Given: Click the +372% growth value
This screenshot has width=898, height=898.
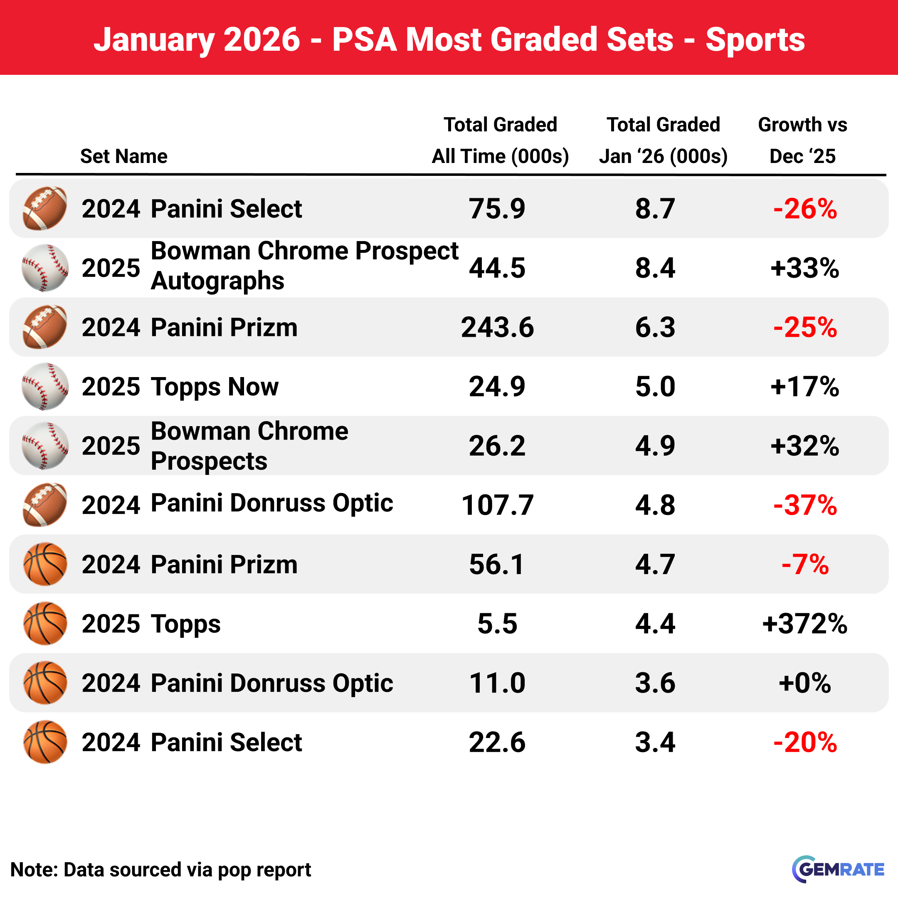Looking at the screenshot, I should pyautogui.click(x=804, y=623).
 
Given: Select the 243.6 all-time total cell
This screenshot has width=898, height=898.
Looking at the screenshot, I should pyautogui.click(x=497, y=327).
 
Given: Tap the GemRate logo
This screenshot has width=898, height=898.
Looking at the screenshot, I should pyautogui.click(x=838, y=869).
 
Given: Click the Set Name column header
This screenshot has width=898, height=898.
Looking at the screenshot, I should pyautogui.click(x=123, y=156).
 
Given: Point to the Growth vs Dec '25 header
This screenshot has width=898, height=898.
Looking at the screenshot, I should pyautogui.click(x=802, y=141).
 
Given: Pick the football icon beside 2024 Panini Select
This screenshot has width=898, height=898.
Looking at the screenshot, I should pyautogui.click(x=44, y=208).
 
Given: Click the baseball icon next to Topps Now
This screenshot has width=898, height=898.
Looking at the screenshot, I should pyautogui.click(x=44, y=386).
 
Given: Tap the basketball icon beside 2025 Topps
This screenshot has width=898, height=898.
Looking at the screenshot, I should pyautogui.click(x=44, y=623).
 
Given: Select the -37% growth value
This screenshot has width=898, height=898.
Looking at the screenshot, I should pyautogui.click(x=804, y=505).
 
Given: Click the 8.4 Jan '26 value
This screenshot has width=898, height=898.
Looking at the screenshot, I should pyautogui.click(x=655, y=268).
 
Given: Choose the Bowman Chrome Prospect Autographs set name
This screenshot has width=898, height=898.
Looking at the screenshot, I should pyautogui.click(x=304, y=266).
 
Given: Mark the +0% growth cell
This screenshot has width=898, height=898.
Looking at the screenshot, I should pyautogui.click(x=804, y=683).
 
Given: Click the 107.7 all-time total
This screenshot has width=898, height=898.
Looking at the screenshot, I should pyautogui.click(x=497, y=505).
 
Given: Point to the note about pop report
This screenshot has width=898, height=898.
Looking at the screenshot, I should pyautogui.click(x=160, y=870).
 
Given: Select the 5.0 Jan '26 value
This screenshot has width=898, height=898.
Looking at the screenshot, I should pyautogui.click(x=655, y=386).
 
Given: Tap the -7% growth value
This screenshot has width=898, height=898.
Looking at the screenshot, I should pyautogui.click(x=804, y=564).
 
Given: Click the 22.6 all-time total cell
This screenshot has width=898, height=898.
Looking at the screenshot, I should pyautogui.click(x=497, y=742).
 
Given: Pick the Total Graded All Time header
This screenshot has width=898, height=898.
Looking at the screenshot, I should pyautogui.click(x=500, y=141).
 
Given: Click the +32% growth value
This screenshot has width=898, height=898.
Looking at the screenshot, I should pyautogui.click(x=804, y=446).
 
